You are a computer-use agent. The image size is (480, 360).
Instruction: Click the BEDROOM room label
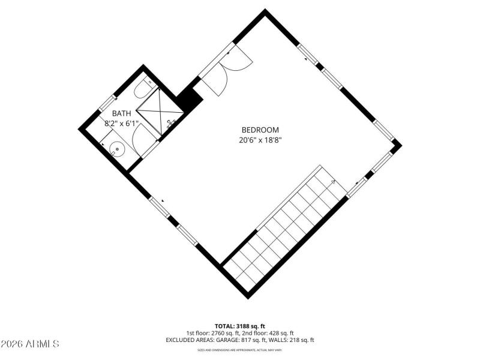[260, 130]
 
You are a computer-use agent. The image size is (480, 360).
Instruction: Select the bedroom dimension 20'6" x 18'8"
[260, 140]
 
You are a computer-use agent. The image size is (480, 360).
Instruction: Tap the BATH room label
[121, 113]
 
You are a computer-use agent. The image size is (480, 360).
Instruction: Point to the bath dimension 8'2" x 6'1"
[121, 124]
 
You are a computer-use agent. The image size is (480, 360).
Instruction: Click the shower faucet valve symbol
[171, 125]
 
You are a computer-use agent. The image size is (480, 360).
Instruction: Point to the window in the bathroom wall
[106, 103]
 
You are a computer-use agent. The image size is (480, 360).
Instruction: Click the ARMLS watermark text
[30, 344]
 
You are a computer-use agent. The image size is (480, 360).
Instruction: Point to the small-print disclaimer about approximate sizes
[240, 350]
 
